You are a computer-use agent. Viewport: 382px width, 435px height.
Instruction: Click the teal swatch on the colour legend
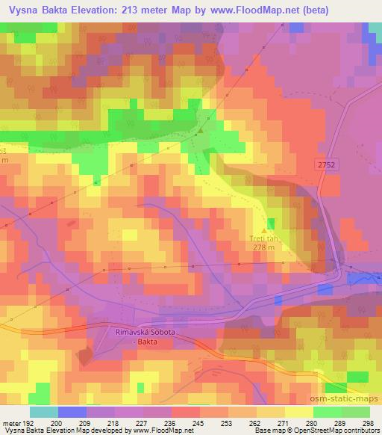(x=43, y=413)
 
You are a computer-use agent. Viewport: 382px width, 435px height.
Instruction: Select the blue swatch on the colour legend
(x=72, y=413)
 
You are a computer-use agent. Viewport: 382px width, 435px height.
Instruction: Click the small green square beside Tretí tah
(x=270, y=223)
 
